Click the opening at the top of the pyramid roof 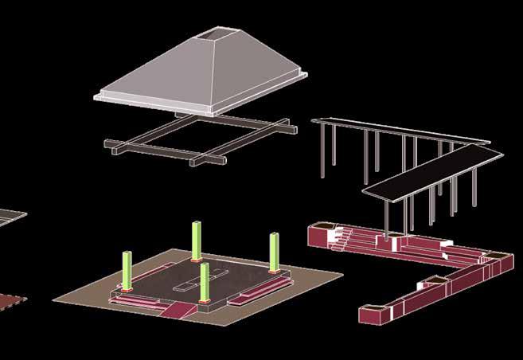click(217, 36)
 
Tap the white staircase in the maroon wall click(342, 236)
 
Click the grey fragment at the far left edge click(8, 217)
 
